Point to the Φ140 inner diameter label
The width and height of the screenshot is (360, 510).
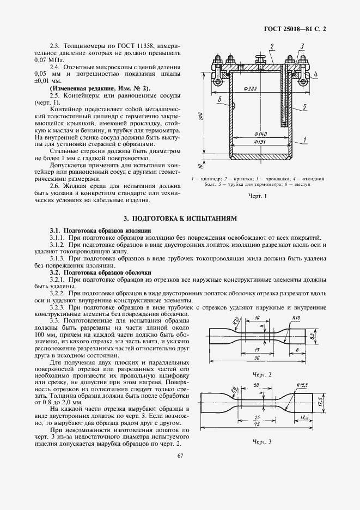click(260, 134)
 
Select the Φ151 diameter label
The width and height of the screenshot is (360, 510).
click(260, 143)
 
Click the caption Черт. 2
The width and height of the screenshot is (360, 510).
click(262, 374)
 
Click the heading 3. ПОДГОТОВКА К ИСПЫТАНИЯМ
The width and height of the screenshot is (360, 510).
click(180, 218)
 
